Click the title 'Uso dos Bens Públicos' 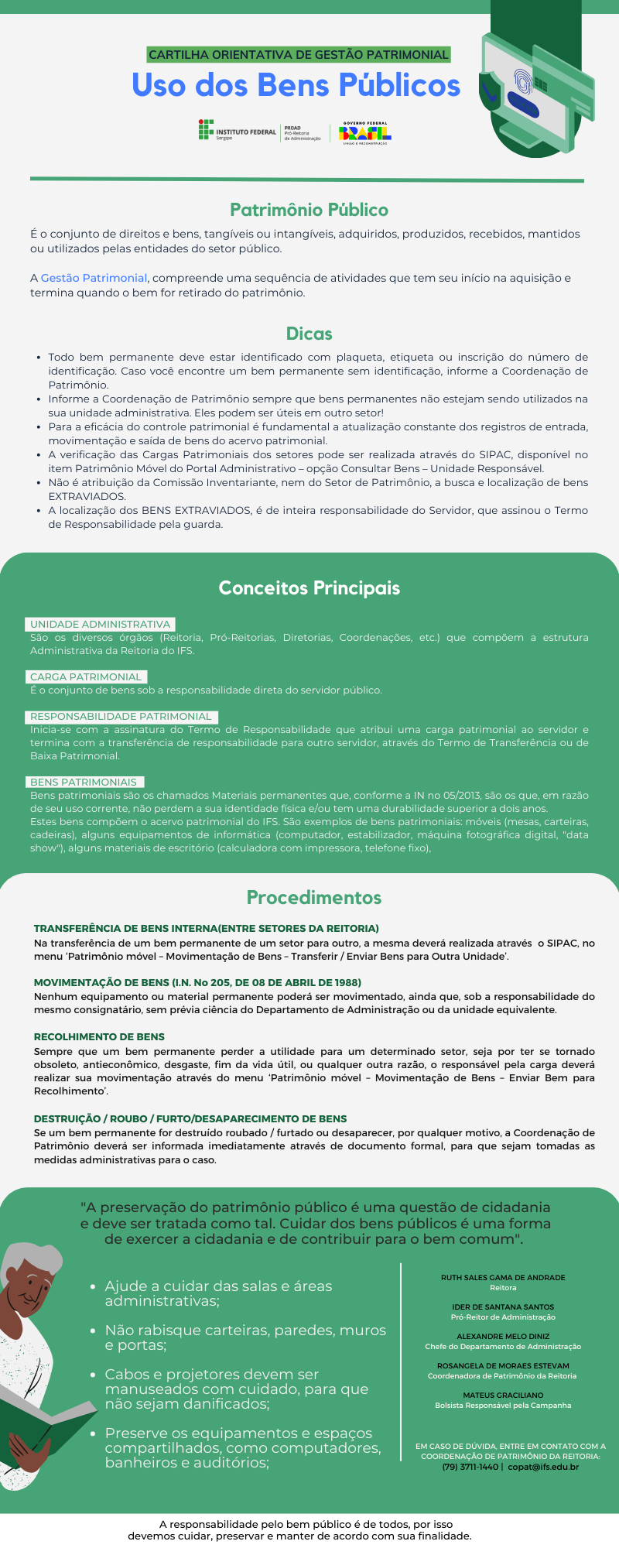[296, 85]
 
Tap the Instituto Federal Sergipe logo [237, 131]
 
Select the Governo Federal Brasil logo [365, 132]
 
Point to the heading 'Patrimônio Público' [309, 210]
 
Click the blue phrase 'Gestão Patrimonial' [94, 278]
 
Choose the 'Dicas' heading [309, 334]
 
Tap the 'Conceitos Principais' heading [309, 588]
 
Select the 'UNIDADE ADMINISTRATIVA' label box [100, 625]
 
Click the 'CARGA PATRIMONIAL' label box [86, 676]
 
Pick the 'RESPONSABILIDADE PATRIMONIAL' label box [121, 717]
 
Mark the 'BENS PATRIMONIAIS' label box [84, 783]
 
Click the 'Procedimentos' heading [313, 898]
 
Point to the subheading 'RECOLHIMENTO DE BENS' [99, 1036]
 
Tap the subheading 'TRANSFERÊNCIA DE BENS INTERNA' [206, 928]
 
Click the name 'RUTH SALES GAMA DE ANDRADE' [503, 1277]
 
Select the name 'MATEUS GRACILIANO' [503, 1395]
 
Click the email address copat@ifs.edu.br [543, 1467]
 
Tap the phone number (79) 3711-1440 [470, 1467]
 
